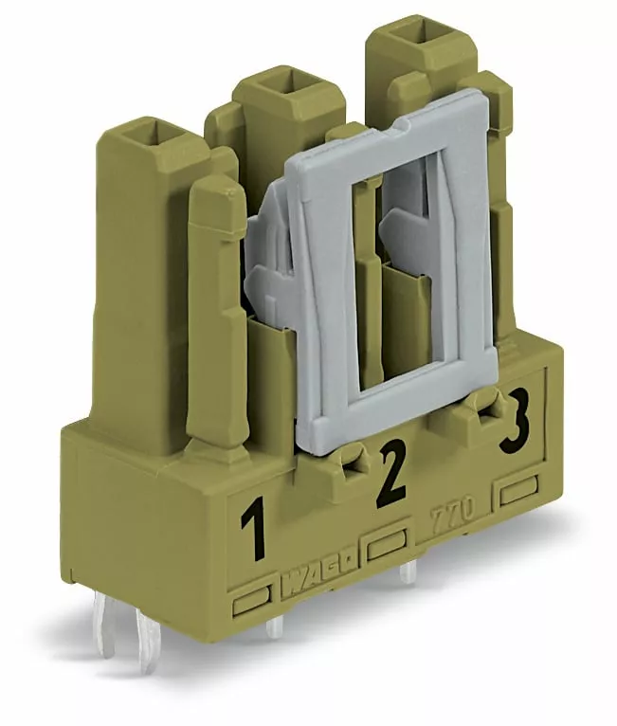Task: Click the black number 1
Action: pos(254,528)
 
